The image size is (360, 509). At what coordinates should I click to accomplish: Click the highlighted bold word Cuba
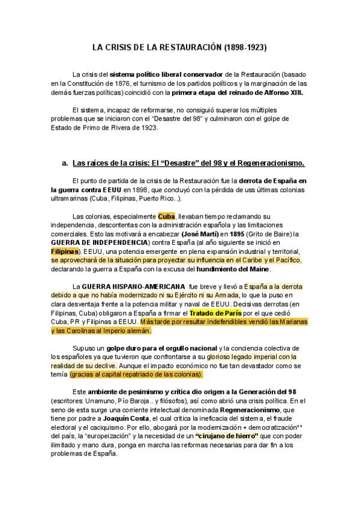pyautogui.click(x=167, y=216)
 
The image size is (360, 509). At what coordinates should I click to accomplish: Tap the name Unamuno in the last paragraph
pyautogui.click(x=106, y=400)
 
